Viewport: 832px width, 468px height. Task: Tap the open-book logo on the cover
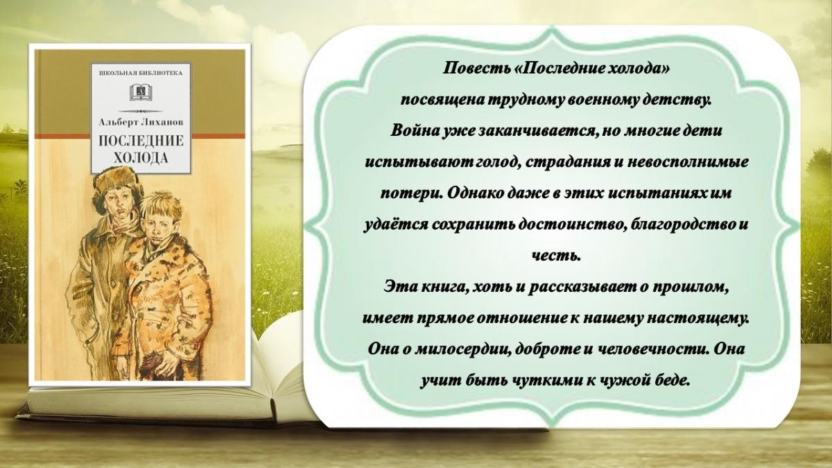141,93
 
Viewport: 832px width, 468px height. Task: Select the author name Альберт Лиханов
141,122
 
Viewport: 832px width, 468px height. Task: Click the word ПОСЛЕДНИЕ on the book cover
141,141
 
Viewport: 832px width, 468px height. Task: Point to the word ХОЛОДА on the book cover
141,158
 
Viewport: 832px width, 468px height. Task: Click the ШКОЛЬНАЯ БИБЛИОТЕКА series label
141,73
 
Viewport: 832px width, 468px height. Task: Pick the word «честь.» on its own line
555,256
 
